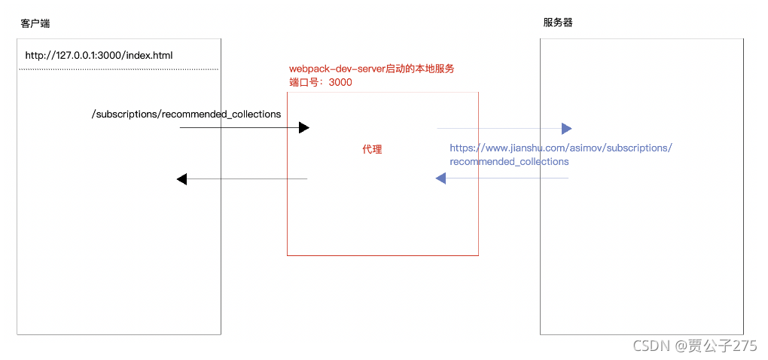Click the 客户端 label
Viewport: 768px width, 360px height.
(x=35, y=24)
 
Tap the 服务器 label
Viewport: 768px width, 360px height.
(x=558, y=23)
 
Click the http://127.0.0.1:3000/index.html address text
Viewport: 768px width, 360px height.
(x=99, y=55)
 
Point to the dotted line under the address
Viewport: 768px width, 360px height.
(x=118, y=69)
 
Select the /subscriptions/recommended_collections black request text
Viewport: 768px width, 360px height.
(x=186, y=114)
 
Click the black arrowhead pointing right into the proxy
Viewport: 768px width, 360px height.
(x=304, y=128)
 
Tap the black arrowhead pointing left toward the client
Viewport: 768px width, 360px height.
(x=181, y=179)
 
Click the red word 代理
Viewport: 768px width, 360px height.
(x=372, y=149)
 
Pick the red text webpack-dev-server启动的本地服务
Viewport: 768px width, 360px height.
(x=372, y=69)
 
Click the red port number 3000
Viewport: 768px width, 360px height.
(x=340, y=82)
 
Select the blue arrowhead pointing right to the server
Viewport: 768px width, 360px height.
(x=567, y=128)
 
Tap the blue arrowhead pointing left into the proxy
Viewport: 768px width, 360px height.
(x=440, y=178)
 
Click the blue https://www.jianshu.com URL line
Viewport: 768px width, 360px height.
(x=560, y=148)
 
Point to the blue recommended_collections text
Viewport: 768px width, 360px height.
(x=509, y=161)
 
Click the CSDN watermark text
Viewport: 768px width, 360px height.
(x=651, y=346)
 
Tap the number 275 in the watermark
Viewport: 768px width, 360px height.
(x=745, y=346)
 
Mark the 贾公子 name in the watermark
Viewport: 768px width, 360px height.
(x=709, y=346)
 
